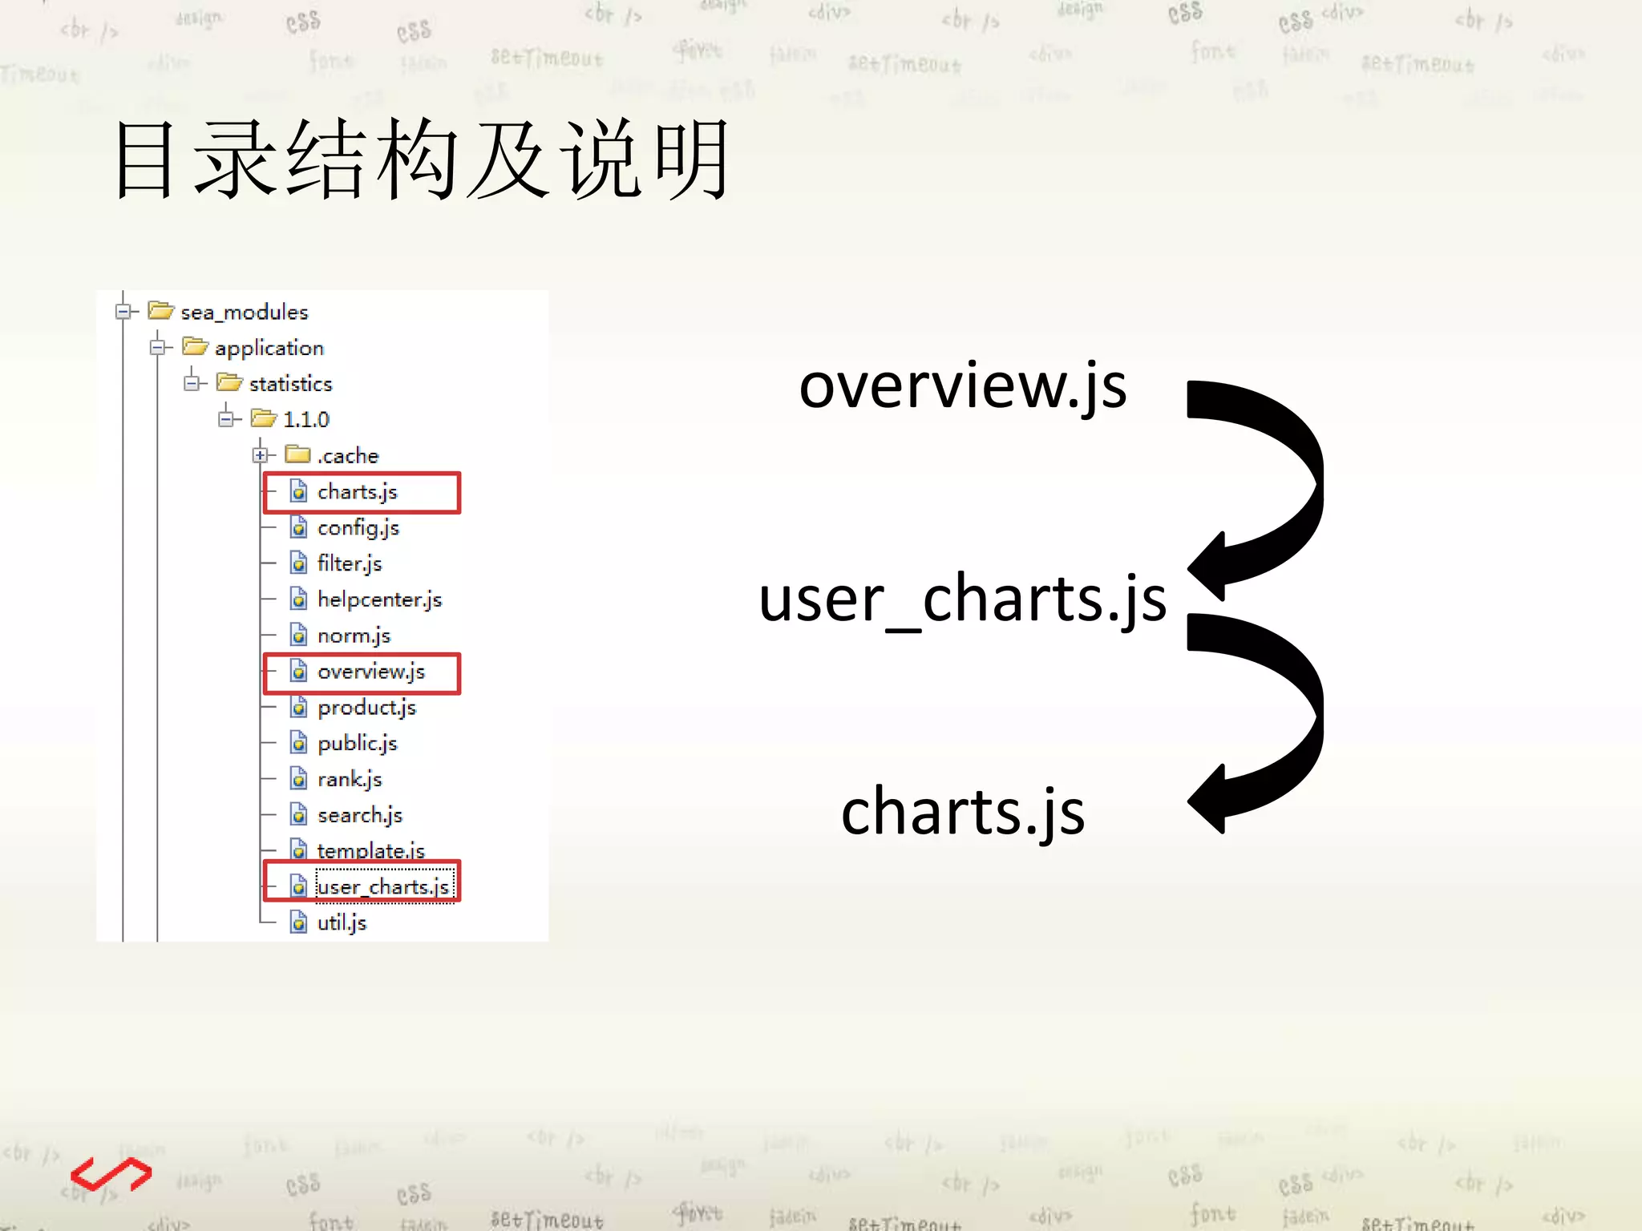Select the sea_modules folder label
pos(244,312)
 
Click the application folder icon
pos(195,346)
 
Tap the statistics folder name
pos(290,384)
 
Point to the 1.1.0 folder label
pos(305,419)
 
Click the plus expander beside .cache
pos(261,455)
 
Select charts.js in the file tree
pos(357,491)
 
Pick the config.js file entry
pos(358,527)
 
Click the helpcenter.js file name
pos(379,599)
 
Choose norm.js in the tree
pos(354,636)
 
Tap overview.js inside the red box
pos(370,672)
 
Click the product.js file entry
pos(366,708)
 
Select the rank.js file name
pos(350,779)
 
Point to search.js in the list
pos(359,815)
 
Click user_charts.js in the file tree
pos(383,886)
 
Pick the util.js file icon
pos(298,922)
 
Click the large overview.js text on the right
pos(963,386)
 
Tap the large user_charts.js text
pos(962,599)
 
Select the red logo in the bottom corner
pos(111,1175)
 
